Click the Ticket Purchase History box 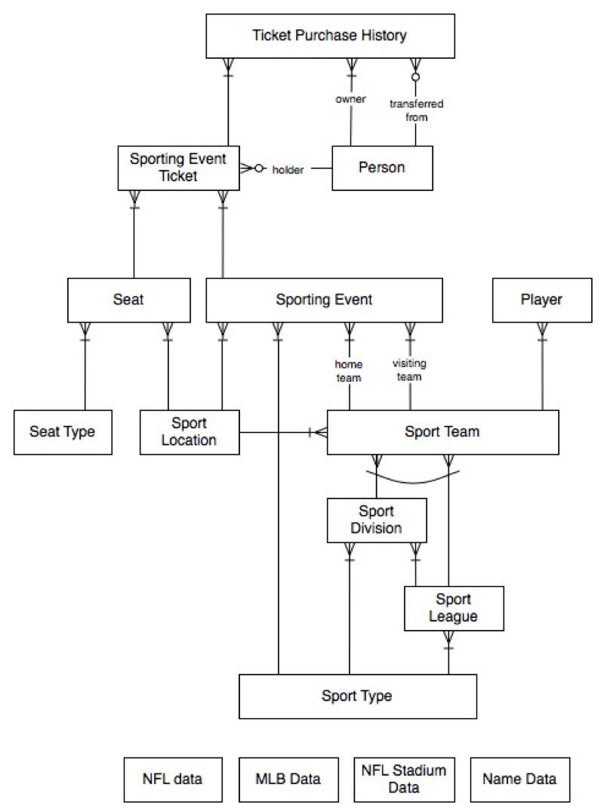click(330, 36)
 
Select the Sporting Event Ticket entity click(179, 168)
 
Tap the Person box click(383, 168)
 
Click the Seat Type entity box click(63, 432)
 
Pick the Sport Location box click(190, 432)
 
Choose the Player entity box click(542, 301)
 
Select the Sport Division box click(377, 520)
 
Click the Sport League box click(454, 609)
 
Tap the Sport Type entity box click(358, 696)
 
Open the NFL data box click(173, 780)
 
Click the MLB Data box click(288, 780)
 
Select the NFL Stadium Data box click(404, 780)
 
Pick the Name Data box click(519, 780)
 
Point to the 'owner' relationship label click(350, 99)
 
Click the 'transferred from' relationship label click(417, 110)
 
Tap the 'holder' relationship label click(288, 170)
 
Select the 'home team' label click(348, 372)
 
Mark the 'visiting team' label click(409, 370)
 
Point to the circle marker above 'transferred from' click(415, 77)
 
